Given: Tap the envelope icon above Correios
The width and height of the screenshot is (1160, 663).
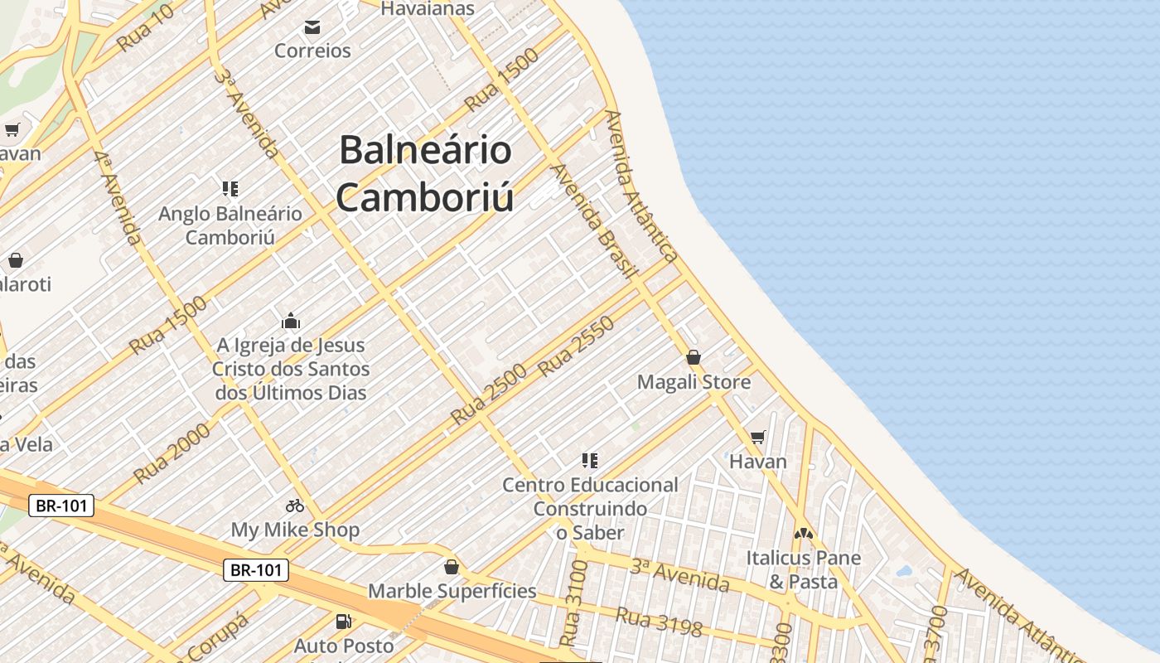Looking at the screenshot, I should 312,28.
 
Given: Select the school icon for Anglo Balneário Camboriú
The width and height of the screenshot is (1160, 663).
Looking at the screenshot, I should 230,189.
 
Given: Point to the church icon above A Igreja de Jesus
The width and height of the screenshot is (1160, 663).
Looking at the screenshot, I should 291,322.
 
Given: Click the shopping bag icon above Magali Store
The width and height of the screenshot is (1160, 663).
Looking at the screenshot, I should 694,358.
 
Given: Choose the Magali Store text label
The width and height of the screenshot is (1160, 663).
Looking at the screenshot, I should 694,382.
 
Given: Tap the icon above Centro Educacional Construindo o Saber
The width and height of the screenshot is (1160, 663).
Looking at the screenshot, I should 590,461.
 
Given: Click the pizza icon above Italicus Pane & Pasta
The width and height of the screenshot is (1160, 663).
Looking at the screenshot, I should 803,535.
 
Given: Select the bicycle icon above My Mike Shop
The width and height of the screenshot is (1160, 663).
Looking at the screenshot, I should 295,506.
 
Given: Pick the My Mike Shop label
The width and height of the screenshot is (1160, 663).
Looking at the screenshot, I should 295,530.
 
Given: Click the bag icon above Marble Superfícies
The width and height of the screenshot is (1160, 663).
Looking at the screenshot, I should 452,568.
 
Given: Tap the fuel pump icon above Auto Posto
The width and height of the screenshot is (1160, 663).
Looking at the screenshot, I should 343,621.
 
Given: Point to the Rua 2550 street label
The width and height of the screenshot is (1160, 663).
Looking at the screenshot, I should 577,346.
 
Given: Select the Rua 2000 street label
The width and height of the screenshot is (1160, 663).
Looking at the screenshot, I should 172,452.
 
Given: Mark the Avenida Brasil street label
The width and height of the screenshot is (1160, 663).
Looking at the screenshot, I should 594,220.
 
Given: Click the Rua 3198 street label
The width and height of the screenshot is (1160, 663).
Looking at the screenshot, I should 659,622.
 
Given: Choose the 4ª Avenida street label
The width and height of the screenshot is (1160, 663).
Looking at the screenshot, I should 117,197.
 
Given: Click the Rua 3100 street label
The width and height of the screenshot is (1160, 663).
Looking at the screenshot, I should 573,603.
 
